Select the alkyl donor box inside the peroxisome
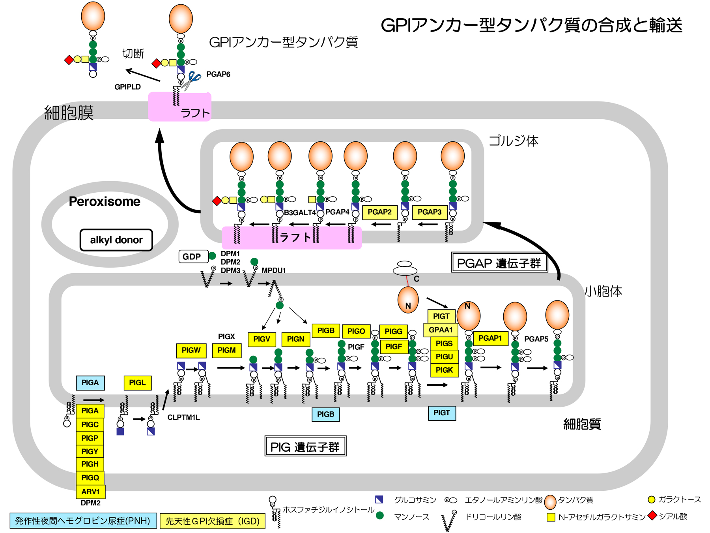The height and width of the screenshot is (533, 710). [x=116, y=240]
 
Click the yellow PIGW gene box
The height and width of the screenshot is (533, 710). [x=191, y=350]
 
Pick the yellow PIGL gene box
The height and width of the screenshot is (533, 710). [x=137, y=383]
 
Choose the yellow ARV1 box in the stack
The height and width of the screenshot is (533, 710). [x=90, y=492]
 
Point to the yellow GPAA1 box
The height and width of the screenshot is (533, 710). [x=441, y=330]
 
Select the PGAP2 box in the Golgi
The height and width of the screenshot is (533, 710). [x=379, y=212]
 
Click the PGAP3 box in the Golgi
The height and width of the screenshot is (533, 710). [x=430, y=212]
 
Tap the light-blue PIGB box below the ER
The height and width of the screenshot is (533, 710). [x=325, y=414]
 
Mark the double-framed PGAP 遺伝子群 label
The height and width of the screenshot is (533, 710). [x=499, y=263]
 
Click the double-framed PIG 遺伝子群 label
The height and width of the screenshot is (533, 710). [x=305, y=447]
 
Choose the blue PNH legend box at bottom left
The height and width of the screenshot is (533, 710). [x=83, y=521]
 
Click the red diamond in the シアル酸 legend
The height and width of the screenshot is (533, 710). [x=652, y=516]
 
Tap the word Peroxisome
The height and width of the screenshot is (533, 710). [x=105, y=201]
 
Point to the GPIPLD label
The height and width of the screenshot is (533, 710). [x=127, y=87]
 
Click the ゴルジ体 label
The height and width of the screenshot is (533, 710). [x=514, y=141]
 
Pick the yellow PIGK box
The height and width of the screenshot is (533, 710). [x=444, y=370]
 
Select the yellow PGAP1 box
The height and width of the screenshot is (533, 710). [x=490, y=338]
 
